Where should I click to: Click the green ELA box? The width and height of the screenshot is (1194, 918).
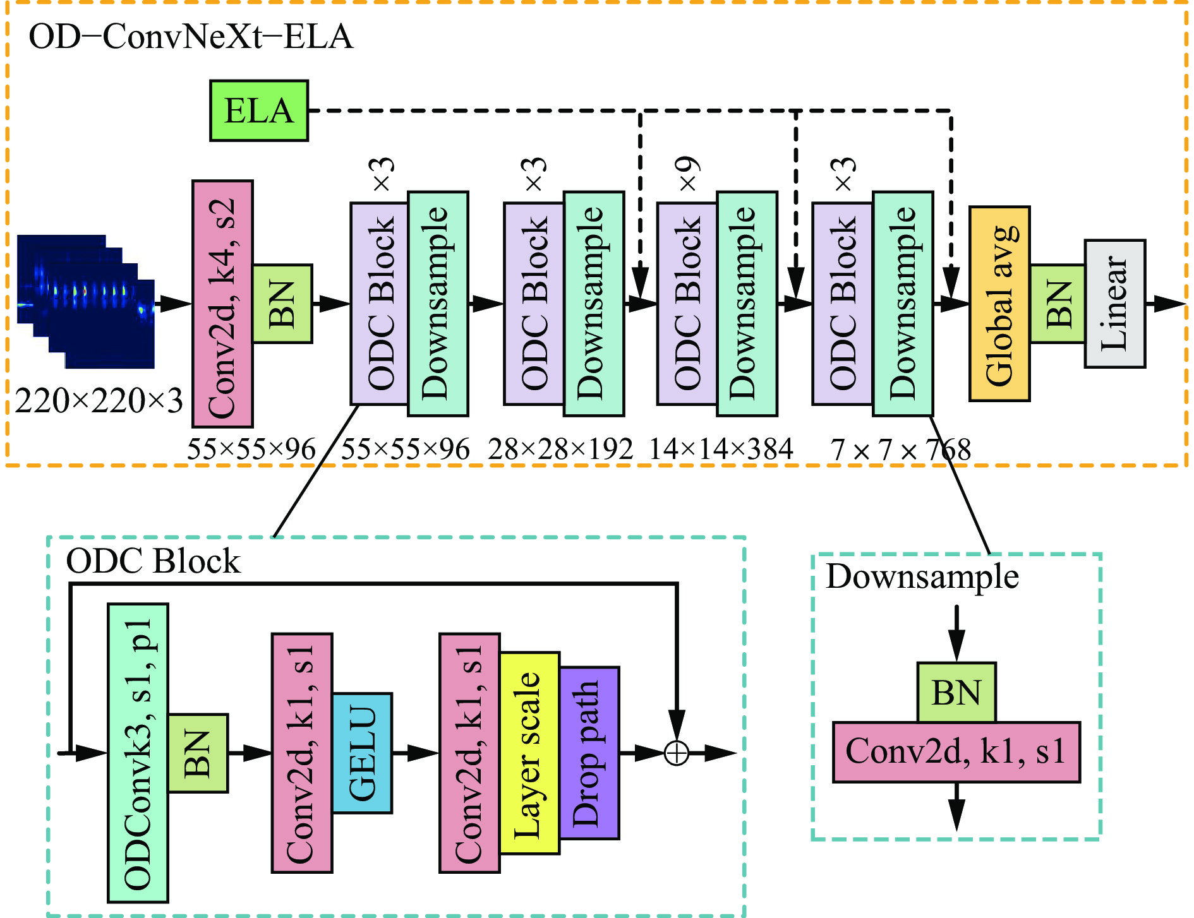[259, 110]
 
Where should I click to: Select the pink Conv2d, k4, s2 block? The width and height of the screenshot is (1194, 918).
[222, 304]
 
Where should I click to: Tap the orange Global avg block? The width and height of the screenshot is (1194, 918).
[999, 304]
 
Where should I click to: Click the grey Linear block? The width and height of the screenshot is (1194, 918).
[1115, 304]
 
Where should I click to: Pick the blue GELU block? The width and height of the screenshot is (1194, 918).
[362, 753]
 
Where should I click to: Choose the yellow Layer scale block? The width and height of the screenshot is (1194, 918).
[529, 753]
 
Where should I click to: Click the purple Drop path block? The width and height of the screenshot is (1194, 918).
[589, 753]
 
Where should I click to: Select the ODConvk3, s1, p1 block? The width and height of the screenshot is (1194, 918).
[138, 753]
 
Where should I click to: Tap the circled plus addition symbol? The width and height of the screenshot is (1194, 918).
[677, 753]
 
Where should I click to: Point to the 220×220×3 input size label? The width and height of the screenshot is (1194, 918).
[99, 401]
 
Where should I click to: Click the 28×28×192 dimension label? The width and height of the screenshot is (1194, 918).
[560, 450]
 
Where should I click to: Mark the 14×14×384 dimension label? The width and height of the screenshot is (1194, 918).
[721, 450]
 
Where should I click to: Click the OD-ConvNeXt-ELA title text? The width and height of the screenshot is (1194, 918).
[191, 37]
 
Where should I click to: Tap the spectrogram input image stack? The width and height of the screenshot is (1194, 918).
[86, 301]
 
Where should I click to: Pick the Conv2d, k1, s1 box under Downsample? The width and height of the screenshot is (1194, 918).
[956, 752]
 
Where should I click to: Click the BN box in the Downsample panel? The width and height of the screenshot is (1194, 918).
[956, 693]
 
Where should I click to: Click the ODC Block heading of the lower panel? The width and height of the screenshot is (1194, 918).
[154, 561]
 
